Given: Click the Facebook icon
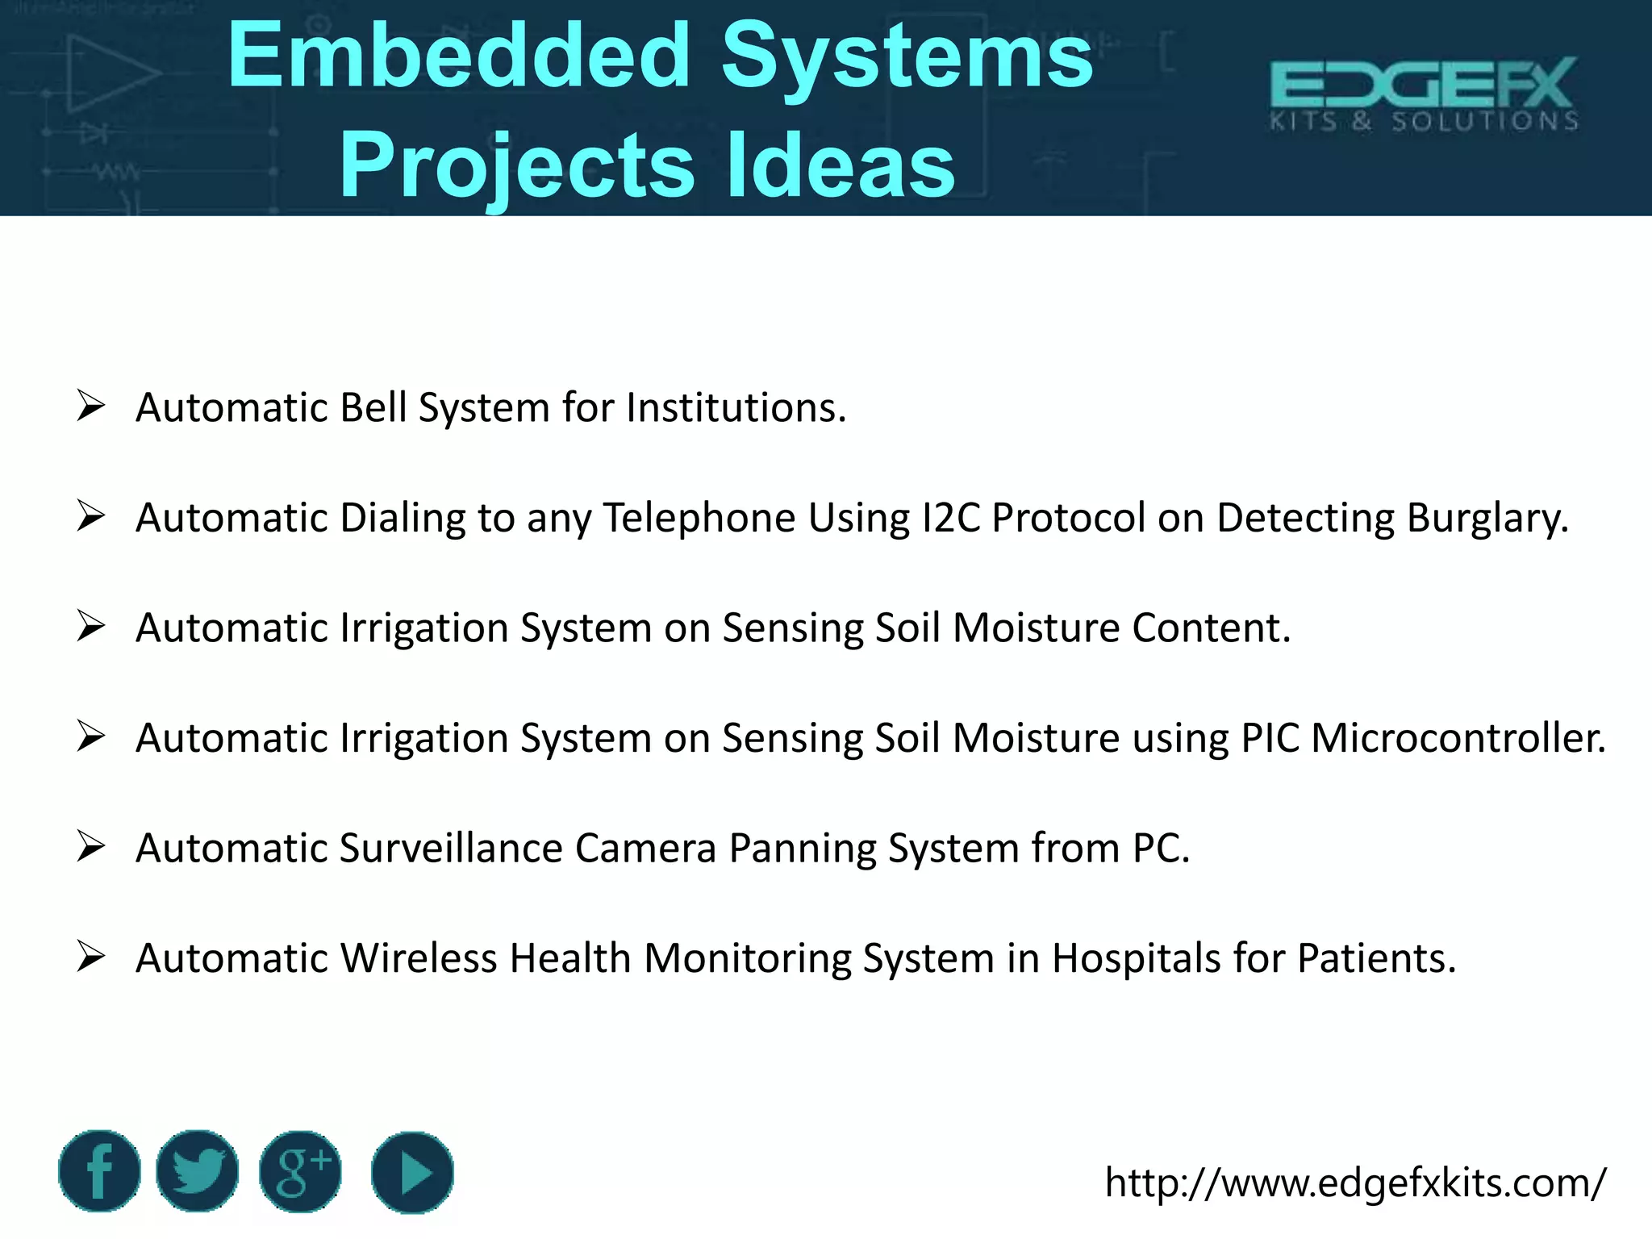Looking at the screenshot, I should (x=99, y=1171).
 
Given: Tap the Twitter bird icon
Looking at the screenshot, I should (x=198, y=1171).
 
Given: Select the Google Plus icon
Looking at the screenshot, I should (x=300, y=1171).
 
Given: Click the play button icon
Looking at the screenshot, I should (x=412, y=1171).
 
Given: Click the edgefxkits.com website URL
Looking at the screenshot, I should (x=1355, y=1183).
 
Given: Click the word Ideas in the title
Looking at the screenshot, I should (x=841, y=165).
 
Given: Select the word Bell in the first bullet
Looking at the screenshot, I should (x=373, y=407).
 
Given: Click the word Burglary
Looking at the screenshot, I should (x=1487, y=517).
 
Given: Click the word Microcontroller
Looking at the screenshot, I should (x=1458, y=737).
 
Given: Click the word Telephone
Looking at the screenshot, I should (x=699, y=517).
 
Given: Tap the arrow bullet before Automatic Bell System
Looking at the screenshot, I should (x=90, y=406).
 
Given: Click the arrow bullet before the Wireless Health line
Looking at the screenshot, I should (x=90, y=957).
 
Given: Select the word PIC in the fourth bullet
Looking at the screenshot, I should (x=1270, y=737).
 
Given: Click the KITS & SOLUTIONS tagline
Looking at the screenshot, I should (x=1424, y=122).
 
